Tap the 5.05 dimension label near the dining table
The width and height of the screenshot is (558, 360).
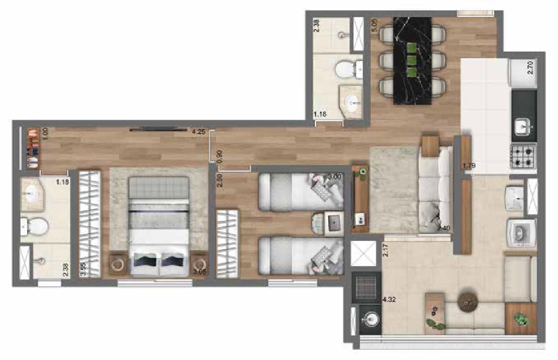tap(375, 26)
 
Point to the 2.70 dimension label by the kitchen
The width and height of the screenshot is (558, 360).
tap(530, 68)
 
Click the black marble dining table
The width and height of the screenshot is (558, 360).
tap(412, 58)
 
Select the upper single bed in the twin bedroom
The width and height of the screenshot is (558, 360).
tap(300, 192)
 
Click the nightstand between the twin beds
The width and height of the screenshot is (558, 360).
tap(333, 223)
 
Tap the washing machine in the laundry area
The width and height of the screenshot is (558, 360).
tap(519, 233)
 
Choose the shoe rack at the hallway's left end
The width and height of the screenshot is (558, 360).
tap(32, 149)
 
